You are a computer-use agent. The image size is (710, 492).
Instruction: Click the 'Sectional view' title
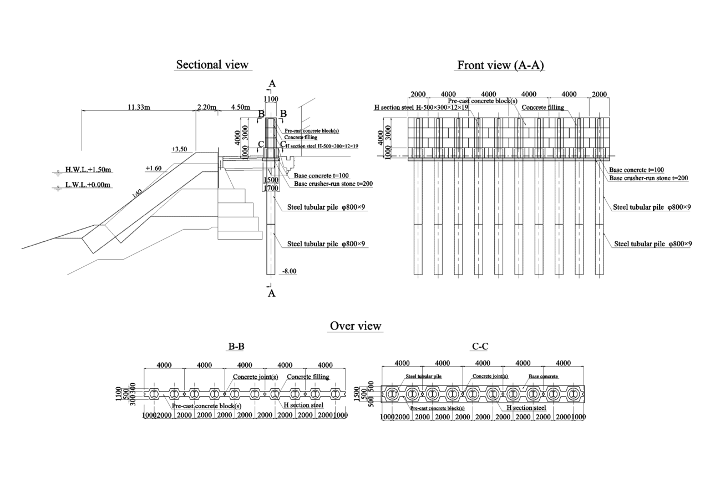[212, 65]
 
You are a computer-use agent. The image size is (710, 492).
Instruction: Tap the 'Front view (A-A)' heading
[500, 65]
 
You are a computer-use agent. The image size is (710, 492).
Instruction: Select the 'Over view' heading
[356, 326]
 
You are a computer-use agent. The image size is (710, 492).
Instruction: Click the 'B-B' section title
[236, 347]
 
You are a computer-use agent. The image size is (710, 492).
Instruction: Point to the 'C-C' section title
[480, 347]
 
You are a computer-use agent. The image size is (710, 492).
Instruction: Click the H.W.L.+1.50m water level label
[89, 169]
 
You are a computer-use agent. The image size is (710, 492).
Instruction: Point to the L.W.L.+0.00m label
[89, 185]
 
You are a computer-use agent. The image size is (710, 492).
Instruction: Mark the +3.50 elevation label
[180, 149]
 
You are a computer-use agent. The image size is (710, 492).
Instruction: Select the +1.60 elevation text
[154, 168]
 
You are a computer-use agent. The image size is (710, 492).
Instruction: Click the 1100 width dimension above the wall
[271, 99]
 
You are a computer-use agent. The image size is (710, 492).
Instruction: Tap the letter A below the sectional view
[272, 293]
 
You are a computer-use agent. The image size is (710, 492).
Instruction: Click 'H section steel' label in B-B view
[303, 405]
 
